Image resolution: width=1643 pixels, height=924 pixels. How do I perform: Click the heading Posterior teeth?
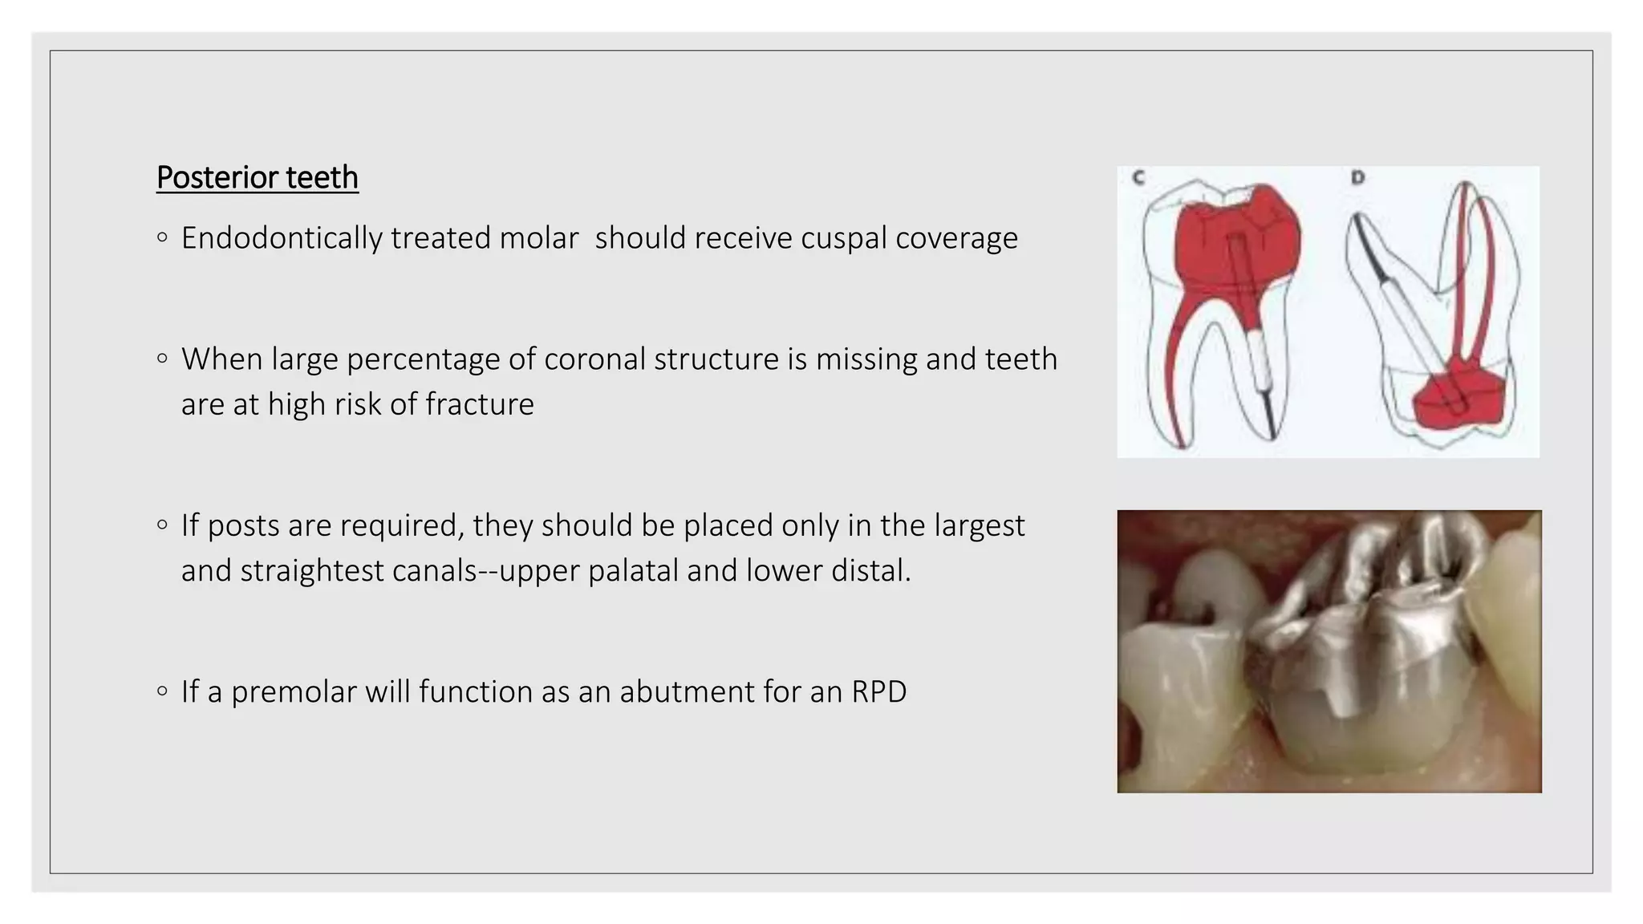[x=257, y=177]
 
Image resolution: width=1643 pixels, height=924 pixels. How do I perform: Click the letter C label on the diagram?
[x=1138, y=178]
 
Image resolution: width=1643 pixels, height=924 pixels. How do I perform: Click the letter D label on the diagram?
[x=1357, y=177]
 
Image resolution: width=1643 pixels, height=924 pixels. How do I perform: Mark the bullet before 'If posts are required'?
[x=163, y=525]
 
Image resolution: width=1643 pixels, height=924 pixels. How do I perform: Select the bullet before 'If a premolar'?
[x=163, y=691]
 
